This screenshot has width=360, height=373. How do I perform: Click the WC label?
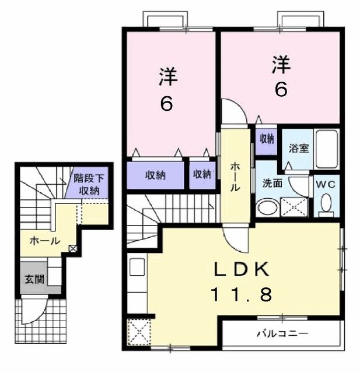[327, 184]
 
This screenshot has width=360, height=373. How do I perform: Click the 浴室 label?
[299, 148]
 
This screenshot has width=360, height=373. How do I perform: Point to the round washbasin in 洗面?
[267, 207]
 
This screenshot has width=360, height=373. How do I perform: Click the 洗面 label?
[272, 183]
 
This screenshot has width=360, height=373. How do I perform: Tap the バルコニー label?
[282, 335]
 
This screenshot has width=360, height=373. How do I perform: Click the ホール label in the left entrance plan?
[44, 240]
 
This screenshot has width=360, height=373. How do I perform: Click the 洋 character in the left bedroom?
[167, 78]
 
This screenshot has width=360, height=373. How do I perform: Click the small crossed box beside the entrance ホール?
[72, 248]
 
